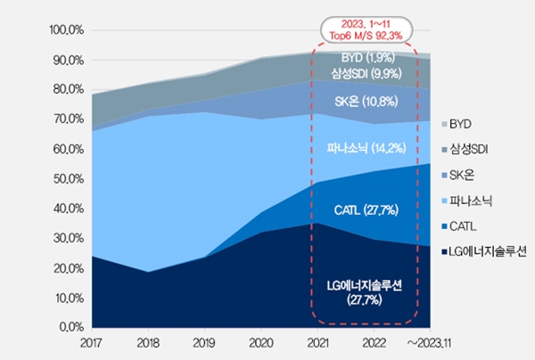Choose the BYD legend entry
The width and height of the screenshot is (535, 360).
pos(463,123)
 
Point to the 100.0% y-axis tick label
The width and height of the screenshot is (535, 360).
pos(66,30)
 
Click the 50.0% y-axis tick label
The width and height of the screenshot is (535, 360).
pos(68,178)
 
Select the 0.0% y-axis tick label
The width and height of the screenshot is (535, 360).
pos(70,327)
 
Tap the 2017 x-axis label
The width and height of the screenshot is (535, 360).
pos(93,343)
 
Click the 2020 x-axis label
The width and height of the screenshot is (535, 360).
pos(261,343)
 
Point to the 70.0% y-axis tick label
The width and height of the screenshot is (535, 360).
pos(68,119)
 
